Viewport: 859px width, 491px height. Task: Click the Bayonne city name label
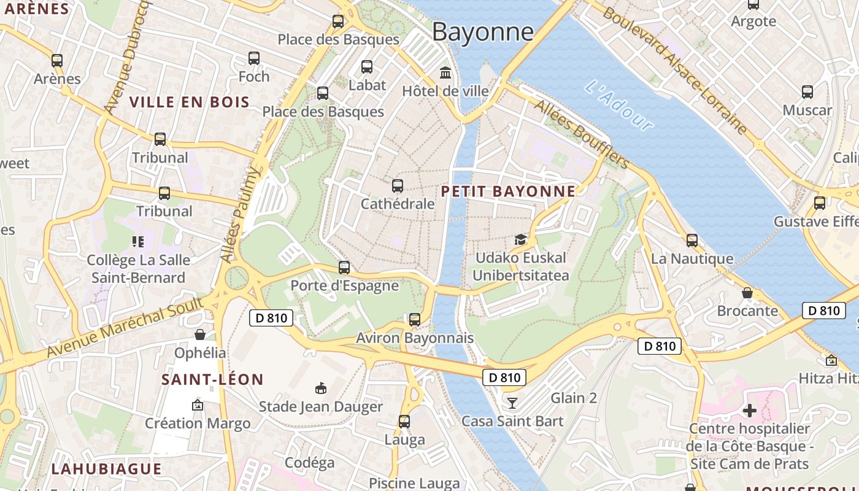pos(483,32)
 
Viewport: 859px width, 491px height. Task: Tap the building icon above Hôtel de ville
pos(445,73)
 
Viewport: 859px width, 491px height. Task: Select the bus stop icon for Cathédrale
pos(398,185)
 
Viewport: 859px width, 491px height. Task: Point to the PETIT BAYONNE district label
pos(509,191)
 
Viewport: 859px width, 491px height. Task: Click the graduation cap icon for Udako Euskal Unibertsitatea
pos(520,239)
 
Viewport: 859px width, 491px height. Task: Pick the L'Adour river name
pos(618,105)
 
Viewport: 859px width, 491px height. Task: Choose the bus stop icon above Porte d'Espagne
pos(344,268)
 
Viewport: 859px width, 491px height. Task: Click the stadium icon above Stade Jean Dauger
pos(320,388)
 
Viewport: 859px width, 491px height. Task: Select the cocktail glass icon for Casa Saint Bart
pos(512,403)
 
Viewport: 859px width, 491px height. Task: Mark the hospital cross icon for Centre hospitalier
pos(749,410)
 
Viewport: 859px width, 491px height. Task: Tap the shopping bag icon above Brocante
pos(747,293)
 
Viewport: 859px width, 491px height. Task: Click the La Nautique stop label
pos(691,258)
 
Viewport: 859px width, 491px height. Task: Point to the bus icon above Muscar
pos(807,92)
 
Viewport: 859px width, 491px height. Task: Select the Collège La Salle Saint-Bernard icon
pos(137,242)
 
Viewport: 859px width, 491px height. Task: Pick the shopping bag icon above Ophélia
pos(200,334)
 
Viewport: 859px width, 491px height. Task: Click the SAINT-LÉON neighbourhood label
pos(212,380)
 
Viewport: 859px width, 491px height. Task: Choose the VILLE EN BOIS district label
pos(190,102)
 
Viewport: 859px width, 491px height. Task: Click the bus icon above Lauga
pos(404,422)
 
